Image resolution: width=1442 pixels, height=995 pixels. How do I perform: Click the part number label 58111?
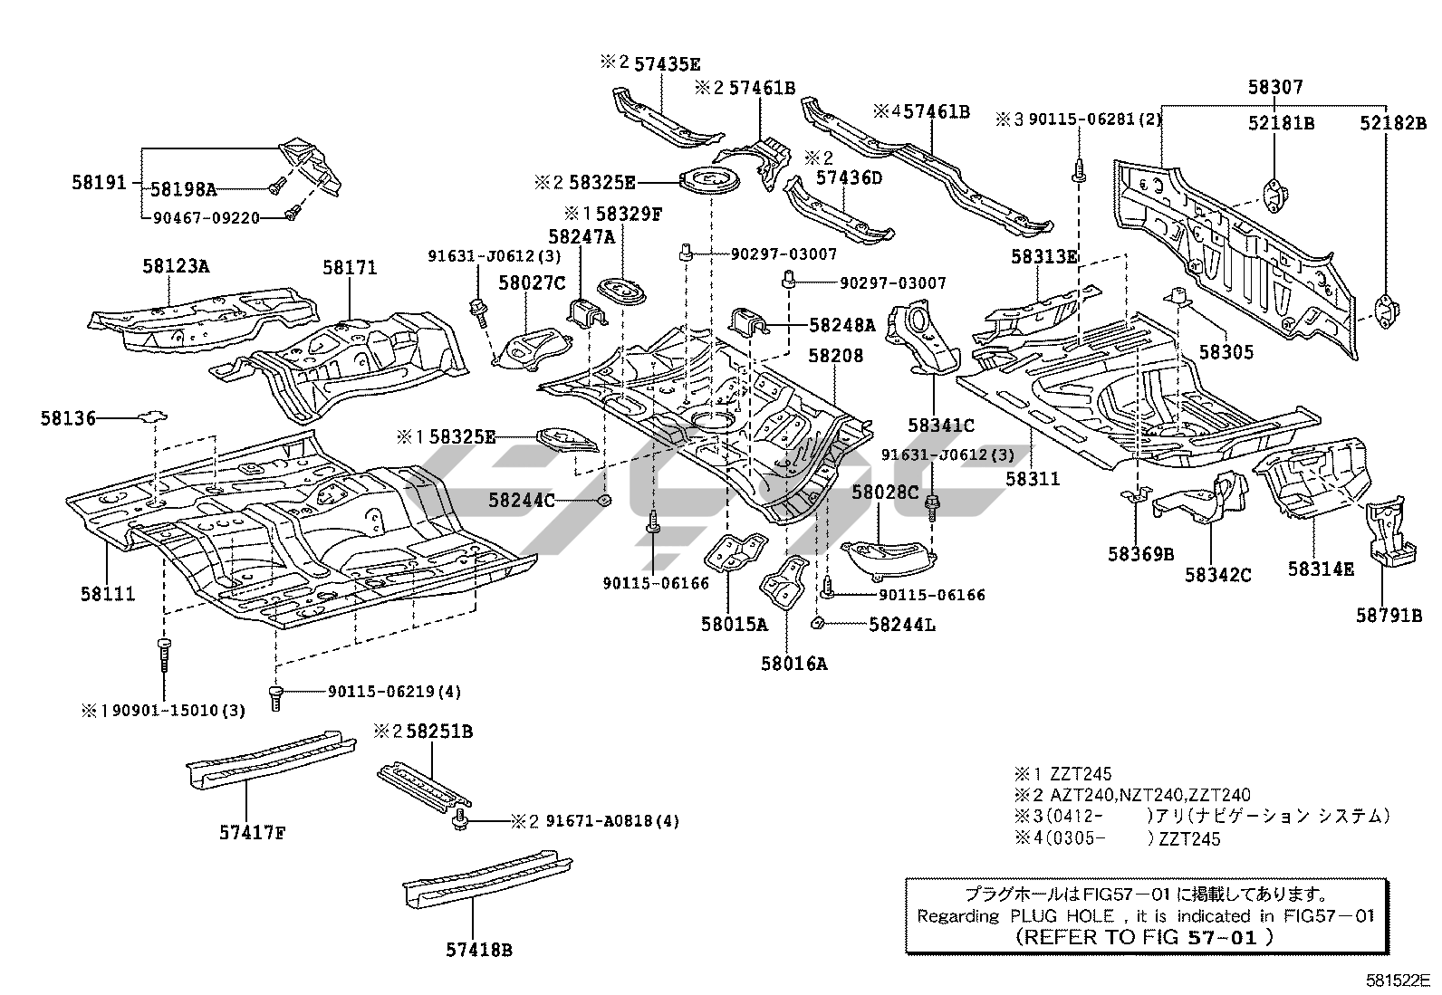(x=108, y=594)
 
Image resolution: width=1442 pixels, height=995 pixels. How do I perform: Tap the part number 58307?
(x=1274, y=87)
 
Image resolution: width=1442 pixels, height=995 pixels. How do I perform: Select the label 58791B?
(x=1389, y=616)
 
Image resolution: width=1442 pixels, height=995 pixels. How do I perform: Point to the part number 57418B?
(x=479, y=950)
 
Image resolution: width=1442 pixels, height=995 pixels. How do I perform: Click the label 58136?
(x=68, y=418)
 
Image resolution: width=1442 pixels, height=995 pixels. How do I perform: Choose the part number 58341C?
(x=941, y=425)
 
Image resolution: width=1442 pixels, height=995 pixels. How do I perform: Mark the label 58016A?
(x=794, y=664)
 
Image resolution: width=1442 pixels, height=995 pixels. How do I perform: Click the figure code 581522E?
(x=1398, y=980)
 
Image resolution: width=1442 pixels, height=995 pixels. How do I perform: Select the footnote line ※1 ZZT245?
(x=1062, y=774)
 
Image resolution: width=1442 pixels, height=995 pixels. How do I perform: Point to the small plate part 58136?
(x=152, y=416)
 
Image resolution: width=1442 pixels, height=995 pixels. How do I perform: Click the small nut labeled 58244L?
(x=816, y=622)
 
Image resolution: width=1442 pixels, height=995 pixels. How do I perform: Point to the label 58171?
(x=350, y=268)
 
